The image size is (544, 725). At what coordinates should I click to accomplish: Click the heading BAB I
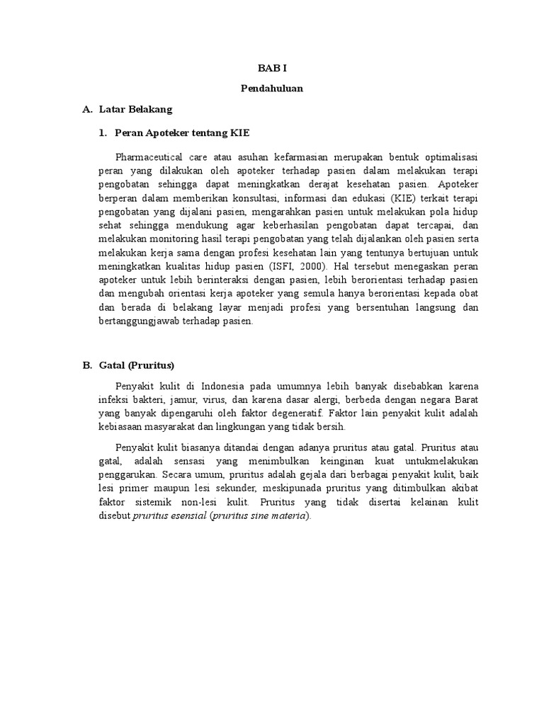[x=271, y=68]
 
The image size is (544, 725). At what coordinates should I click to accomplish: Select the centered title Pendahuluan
[x=271, y=89]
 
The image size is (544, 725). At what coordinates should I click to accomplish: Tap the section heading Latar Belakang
[x=135, y=110]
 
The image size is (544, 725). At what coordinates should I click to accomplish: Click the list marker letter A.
[x=87, y=110]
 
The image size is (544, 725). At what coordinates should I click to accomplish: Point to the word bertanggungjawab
[x=140, y=321]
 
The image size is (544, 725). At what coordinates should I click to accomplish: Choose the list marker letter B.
[x=87, y=365]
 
